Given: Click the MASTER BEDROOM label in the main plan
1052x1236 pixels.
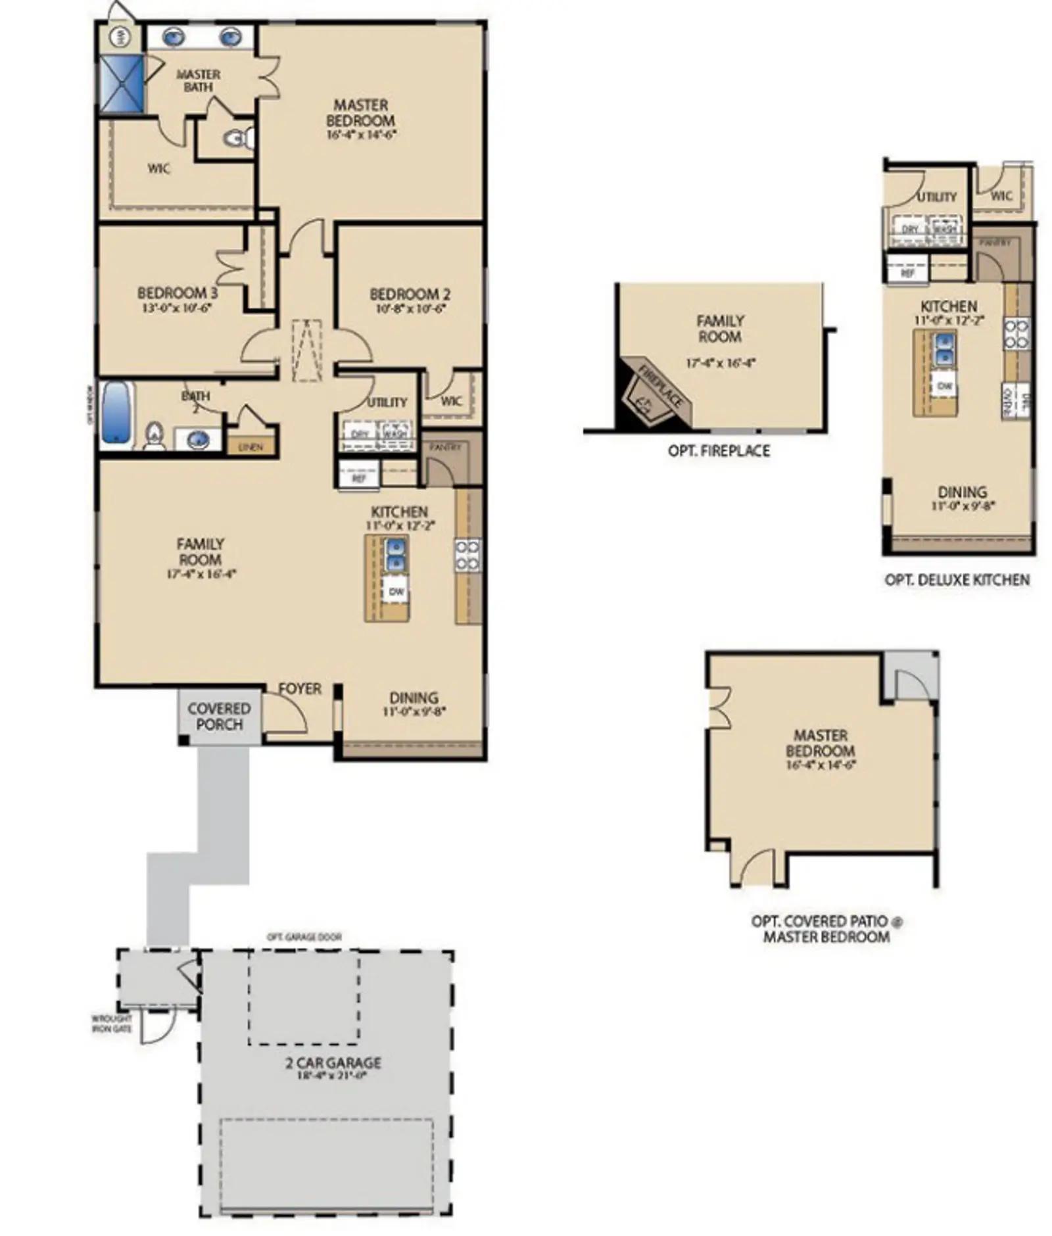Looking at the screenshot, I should coord(360,112).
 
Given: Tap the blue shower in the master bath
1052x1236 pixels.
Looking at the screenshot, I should coord(121,84).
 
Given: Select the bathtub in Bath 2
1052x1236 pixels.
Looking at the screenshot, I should coord(116,412).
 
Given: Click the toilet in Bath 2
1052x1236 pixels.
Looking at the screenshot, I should coord(154,435).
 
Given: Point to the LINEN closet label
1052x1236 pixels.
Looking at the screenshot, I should coord(251,447).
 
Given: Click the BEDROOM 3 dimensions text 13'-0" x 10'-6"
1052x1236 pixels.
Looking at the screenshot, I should coord(177,307).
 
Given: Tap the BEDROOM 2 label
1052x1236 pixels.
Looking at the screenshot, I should coord(410,294).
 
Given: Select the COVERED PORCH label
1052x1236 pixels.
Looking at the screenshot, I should coord(219,716).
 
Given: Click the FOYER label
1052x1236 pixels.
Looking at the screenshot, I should coord(300,688).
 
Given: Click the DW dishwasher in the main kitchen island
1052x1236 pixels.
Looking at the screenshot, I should coord(396,591).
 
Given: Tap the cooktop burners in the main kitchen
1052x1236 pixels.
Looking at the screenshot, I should coord(467,554).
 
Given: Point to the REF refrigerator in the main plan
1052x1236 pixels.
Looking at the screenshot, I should coord(358,478).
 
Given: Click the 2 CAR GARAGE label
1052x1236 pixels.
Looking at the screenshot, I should coord(333,1062).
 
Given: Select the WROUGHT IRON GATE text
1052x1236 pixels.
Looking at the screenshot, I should coord(112,1023).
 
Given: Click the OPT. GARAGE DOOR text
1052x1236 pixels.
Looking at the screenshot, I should coord(304,936).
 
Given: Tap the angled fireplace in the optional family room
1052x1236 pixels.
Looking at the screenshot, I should coord(654,393).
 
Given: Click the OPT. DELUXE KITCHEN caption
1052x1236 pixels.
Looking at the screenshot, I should coord(957,579).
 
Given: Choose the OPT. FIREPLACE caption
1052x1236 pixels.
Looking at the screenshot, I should coord(719,450).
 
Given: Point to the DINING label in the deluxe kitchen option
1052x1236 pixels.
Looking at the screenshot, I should coord(962,492).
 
